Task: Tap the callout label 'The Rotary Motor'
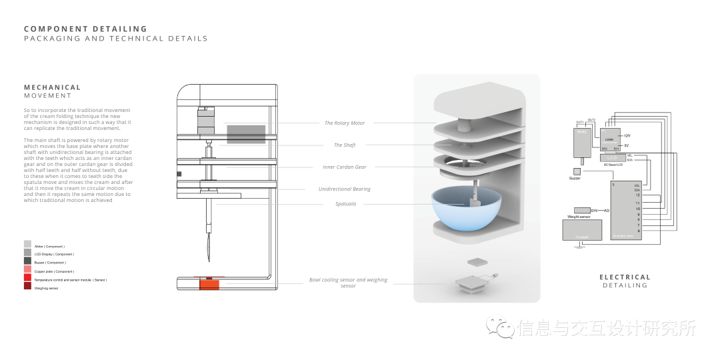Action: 345,123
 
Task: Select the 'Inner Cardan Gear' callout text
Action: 344,167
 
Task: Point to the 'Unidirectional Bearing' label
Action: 344,189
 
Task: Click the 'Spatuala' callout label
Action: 345,204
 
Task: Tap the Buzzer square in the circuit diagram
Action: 577,171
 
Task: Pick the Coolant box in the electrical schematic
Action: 582,230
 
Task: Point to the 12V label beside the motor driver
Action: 627,135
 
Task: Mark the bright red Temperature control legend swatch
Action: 27,278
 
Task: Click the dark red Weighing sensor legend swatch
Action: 27,286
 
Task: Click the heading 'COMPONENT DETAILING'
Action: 85,29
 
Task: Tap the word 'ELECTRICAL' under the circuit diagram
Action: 625,277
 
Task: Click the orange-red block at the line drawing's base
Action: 209,285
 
